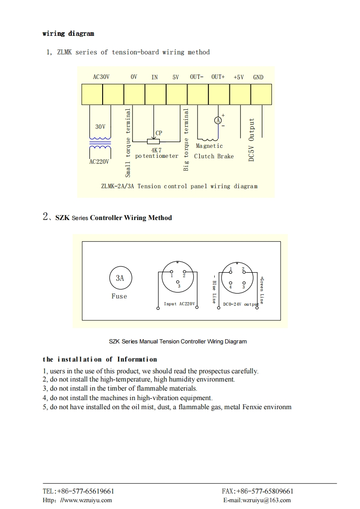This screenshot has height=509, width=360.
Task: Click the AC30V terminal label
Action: (x=101, y=77)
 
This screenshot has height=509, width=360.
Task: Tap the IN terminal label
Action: (x=155, y=77)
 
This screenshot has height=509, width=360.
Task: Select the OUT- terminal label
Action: (x=197, y=77)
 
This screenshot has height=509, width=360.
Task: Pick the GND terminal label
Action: (x=258, y=77)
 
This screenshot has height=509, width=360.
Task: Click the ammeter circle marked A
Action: (x=218, y=120)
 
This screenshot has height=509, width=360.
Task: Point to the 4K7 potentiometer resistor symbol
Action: (x=153, y=142)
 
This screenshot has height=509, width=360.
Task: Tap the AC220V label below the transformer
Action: (x=99, y=162)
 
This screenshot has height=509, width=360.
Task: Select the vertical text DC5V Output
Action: (x=252, y=140)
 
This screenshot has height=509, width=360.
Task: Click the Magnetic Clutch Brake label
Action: (x=213, y=152)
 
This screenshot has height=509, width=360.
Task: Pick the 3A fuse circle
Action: (x=119, y=278)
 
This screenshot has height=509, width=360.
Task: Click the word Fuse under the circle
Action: (x=119, y=296)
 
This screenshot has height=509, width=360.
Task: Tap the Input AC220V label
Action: (x=179, y=303)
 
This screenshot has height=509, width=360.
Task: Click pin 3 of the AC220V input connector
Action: (x=178, y=281)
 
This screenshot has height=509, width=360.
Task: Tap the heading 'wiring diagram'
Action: (x=69, y=34)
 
